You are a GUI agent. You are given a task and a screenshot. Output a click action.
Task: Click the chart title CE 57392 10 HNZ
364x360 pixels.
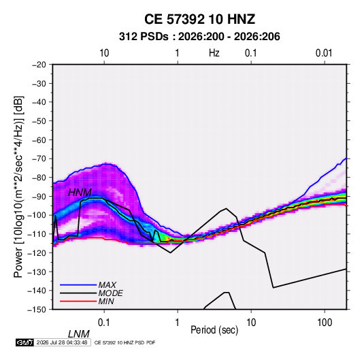(199, 19)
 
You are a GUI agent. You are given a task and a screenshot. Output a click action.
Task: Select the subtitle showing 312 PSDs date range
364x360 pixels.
(199, 37)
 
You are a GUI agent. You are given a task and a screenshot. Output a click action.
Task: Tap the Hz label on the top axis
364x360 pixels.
(214, 53)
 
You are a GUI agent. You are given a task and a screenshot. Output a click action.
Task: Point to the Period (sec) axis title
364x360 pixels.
(214, 330)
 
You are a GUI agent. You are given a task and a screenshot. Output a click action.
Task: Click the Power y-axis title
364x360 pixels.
(18, 187)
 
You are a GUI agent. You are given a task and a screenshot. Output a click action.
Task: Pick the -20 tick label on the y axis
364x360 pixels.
(39, 65)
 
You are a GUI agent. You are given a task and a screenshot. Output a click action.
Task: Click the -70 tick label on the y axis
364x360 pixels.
(39, 159)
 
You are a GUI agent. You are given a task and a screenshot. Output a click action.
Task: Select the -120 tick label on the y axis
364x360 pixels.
(37, 253)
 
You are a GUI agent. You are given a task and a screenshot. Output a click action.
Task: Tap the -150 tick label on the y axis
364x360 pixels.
(37, 310)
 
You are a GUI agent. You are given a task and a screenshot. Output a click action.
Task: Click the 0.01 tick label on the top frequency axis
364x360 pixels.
(324, 53)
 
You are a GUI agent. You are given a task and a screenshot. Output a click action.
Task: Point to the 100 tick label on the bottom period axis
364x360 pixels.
(325, 323)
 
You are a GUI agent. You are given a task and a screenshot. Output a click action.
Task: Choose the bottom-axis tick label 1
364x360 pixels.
(178, 323)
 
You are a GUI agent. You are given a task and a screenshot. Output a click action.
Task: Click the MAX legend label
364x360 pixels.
(107, 285)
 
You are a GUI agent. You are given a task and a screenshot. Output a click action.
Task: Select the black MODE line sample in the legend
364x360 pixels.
(78, 293)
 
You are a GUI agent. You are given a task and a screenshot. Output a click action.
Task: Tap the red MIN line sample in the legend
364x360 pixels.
(78, 301)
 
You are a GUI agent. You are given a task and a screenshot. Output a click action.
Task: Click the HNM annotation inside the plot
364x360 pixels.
(80, 193)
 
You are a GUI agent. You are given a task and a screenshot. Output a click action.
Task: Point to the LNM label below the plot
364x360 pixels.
(78, 334)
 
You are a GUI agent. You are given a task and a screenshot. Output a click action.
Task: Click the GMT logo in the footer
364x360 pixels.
(25, 342)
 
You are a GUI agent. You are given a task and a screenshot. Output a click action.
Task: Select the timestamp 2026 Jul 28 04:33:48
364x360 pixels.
(62, 342)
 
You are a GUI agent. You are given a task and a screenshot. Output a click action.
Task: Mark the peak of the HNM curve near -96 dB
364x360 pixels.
(226, 208)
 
